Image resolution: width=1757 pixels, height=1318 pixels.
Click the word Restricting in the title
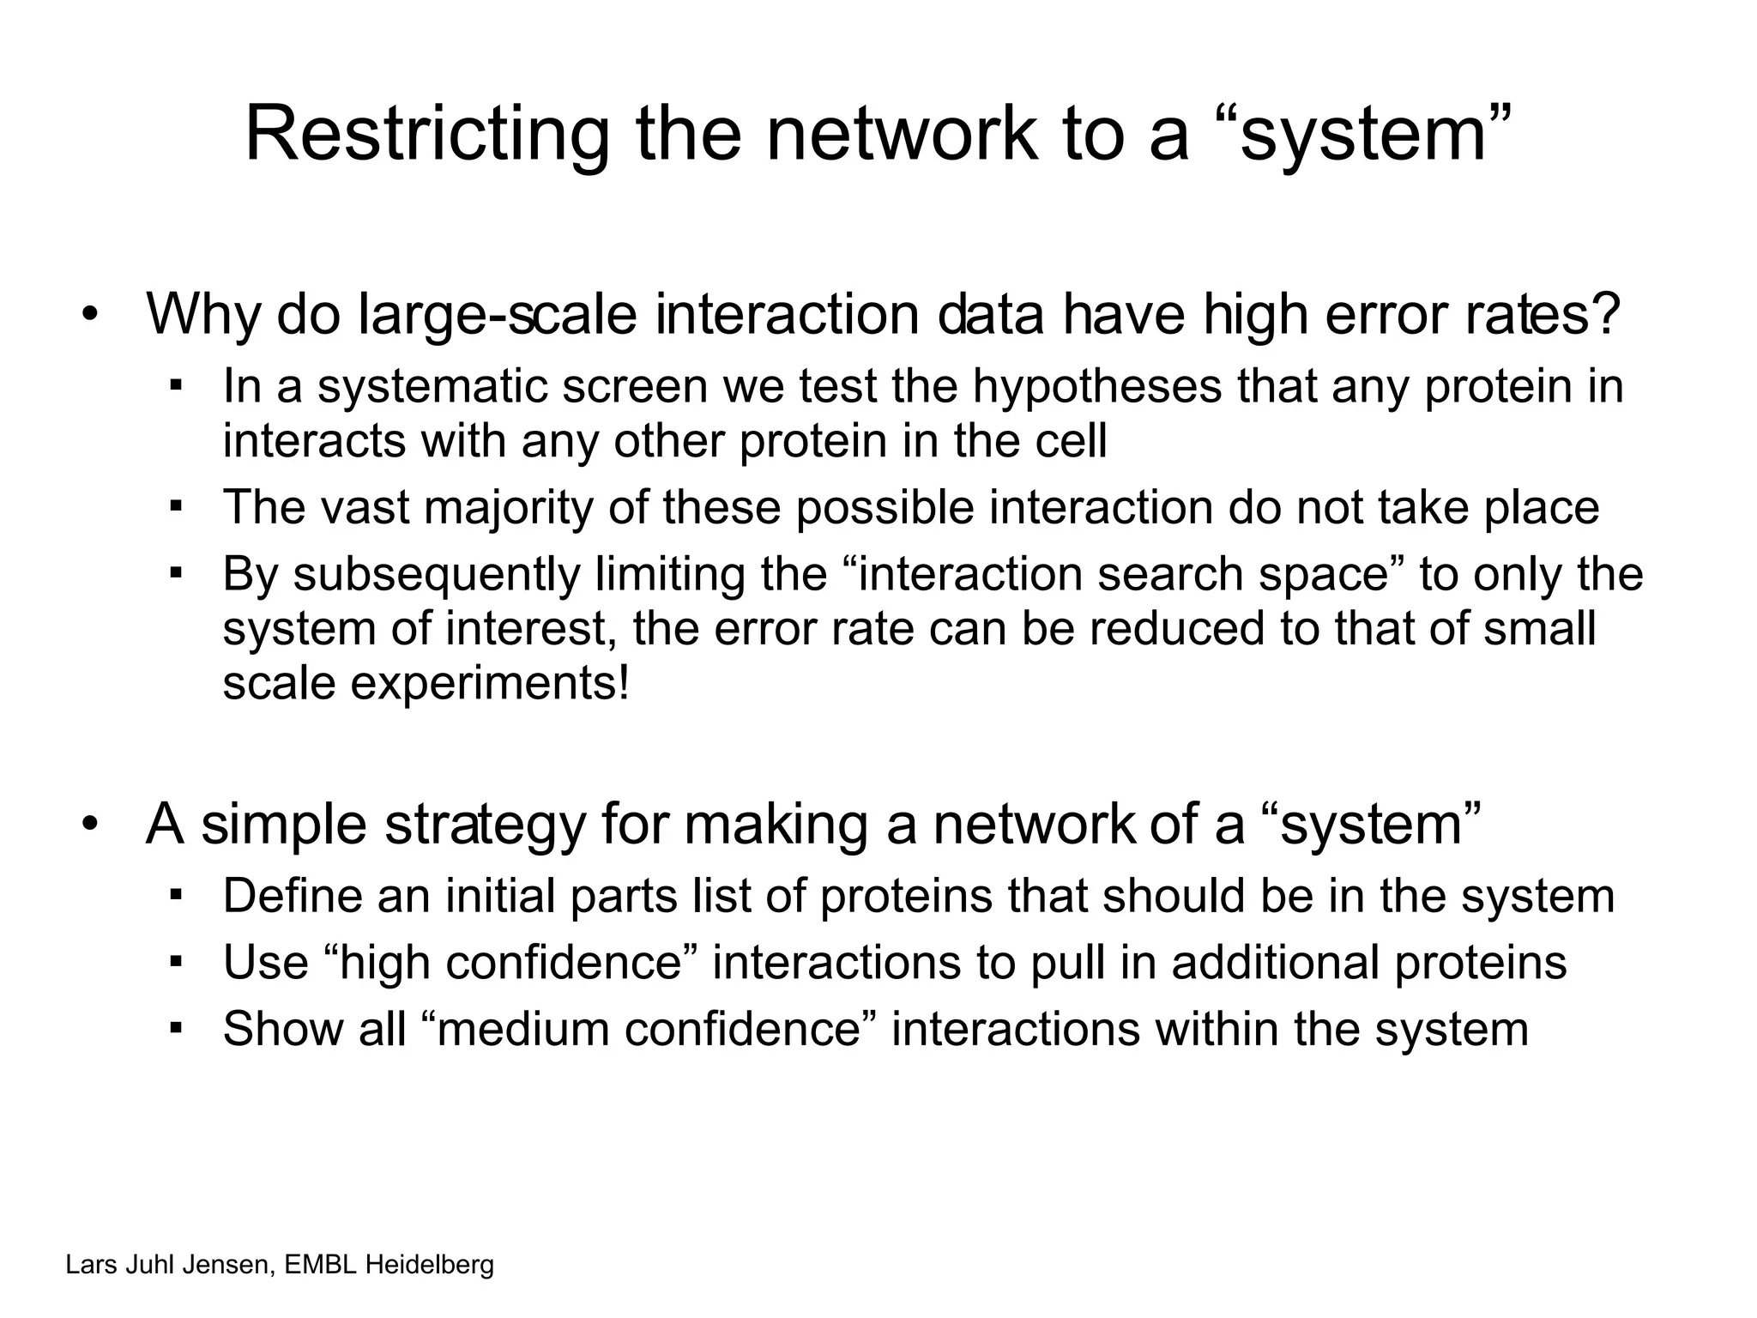[426, 134]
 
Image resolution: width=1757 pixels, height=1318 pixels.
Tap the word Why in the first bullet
[202, 315]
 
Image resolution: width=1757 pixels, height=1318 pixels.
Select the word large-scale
[498, 315]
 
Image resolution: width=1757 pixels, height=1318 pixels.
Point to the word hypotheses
[1096, 387]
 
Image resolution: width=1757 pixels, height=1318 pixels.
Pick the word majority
[508, 507]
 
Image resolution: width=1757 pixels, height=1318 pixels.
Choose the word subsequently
[437, 574]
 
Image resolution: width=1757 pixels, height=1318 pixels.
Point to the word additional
[1276, 962]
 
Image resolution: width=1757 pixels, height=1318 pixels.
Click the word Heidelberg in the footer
[430, 1265]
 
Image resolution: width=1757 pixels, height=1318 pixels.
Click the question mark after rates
[1605, 315]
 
